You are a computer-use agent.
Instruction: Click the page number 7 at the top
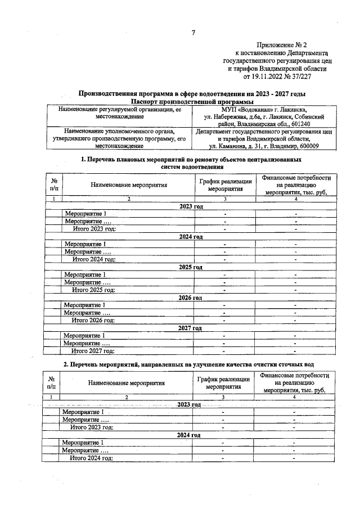192,33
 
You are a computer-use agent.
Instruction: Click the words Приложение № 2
281,44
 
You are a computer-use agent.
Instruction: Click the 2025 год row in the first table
191,267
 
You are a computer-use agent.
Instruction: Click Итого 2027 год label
93,351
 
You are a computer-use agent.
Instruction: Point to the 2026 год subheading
190,298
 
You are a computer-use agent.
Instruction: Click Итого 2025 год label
93,290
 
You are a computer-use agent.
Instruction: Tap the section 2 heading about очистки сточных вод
188,365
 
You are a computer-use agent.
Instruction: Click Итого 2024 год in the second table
91,458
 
